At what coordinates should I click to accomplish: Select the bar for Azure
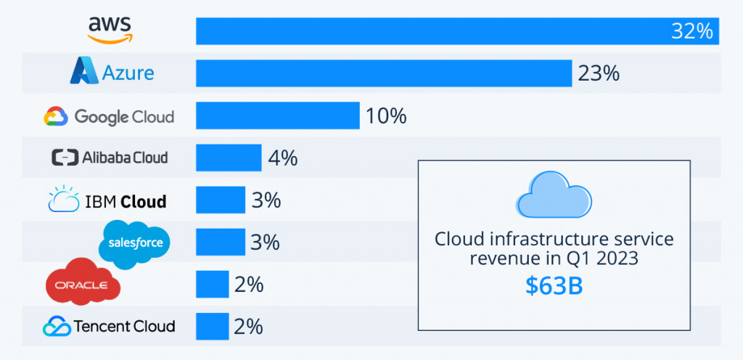click(x=383, y=73)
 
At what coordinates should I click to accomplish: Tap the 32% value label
click(x=694, y=32)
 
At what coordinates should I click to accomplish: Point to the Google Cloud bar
click(x=277, y=115)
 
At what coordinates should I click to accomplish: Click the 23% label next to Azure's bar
click(x=598, y=73)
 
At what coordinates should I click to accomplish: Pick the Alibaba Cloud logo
click(x=110, y=157)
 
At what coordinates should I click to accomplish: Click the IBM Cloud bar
click(x=221, y=200)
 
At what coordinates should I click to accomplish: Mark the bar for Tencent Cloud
click(x=212, y=326)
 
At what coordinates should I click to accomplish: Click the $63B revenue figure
click(x=554, y=285)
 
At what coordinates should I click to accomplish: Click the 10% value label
click(x=385, y=115)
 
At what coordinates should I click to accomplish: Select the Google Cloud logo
click(x=109, y=116)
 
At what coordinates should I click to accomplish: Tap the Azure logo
click(x=112, y=73)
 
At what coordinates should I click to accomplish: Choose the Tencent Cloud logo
click(x=109, y=326)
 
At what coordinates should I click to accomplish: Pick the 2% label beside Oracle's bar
click(x=248, y=284)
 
